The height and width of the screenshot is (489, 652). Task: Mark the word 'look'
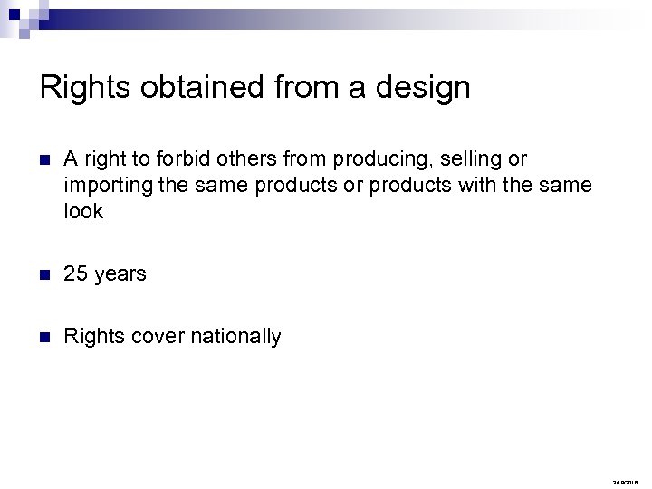click(x=83, y=212)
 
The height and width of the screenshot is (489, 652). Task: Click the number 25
click(x=76, y=273)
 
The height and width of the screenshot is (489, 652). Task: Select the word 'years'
click(x=120, y=274)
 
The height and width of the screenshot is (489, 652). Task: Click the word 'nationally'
click(x=236, y=338)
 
